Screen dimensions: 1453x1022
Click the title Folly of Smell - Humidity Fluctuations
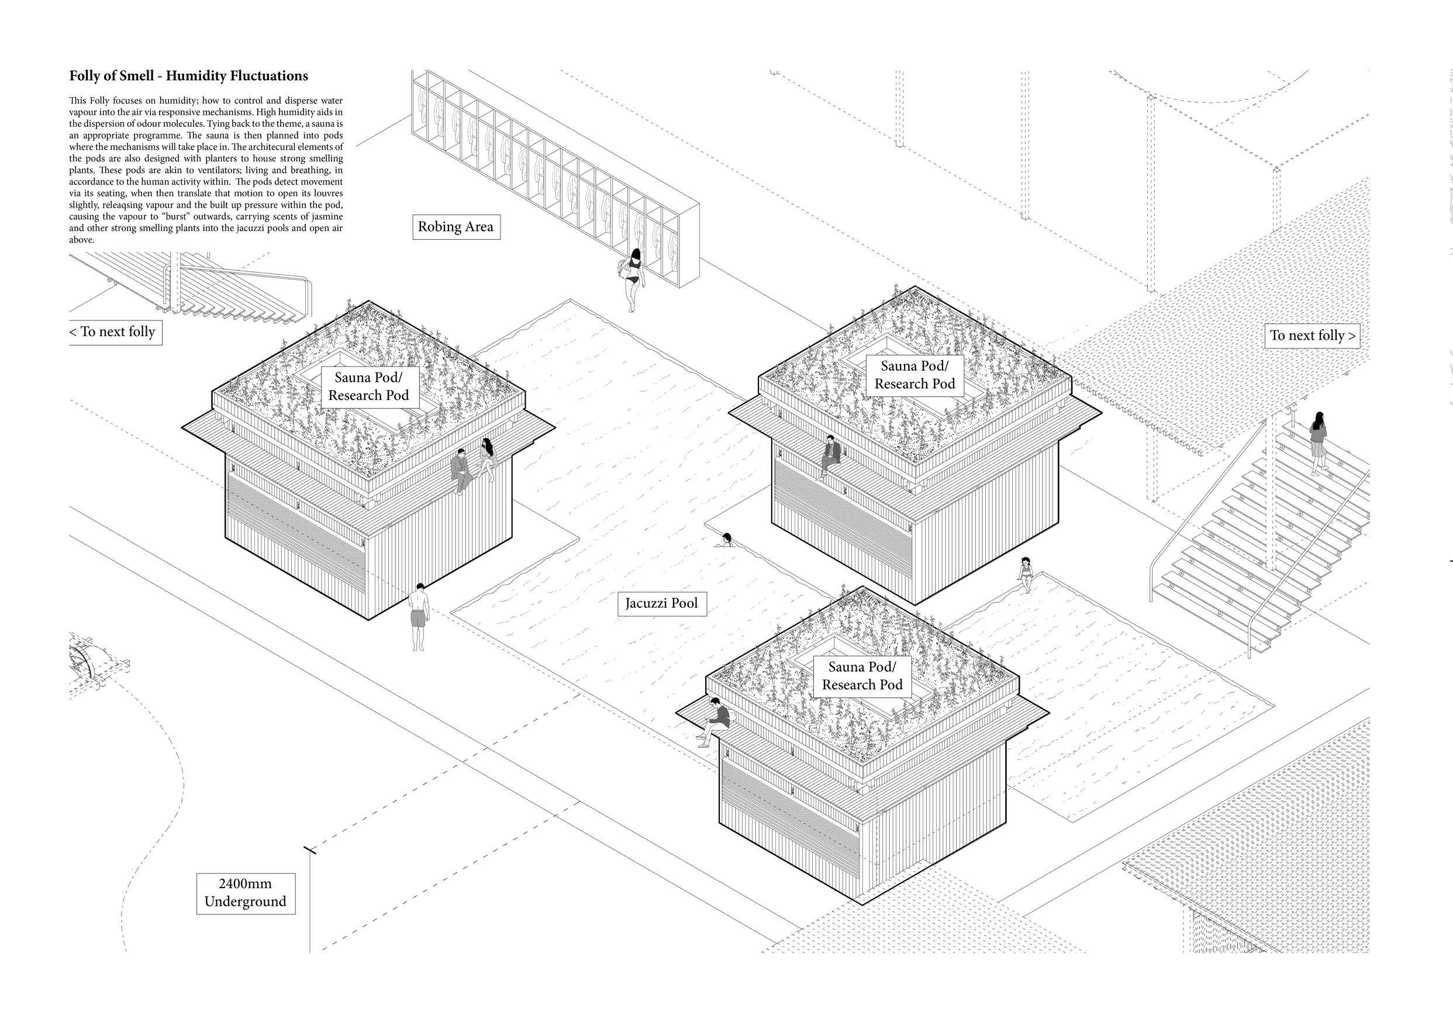(189, 76)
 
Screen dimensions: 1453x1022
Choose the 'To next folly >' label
(1313, 336)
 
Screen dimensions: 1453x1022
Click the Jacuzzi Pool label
(661, 603)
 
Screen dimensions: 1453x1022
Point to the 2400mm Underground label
(245, 893)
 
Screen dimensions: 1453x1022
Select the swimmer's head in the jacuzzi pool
(726, 539)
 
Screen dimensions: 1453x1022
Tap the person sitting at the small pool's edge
(1025, 574)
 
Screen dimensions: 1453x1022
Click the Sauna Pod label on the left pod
(368, 386)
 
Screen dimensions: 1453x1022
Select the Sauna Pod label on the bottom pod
(862, 675)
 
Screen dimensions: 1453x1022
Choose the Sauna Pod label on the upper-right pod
(914, 375)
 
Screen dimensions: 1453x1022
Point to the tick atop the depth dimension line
(309, 850)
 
